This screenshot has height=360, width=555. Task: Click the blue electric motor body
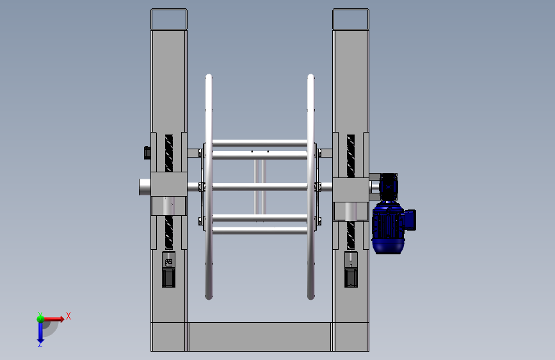point(388,227)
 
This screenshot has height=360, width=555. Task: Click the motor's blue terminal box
point(410,220)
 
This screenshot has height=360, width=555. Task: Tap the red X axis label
point(68,316)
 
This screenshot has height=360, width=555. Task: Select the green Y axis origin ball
point(40,319)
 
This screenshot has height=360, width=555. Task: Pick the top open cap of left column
point(169,19)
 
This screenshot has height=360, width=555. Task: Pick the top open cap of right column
point(351,19)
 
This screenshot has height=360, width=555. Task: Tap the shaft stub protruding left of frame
point(145,187)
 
